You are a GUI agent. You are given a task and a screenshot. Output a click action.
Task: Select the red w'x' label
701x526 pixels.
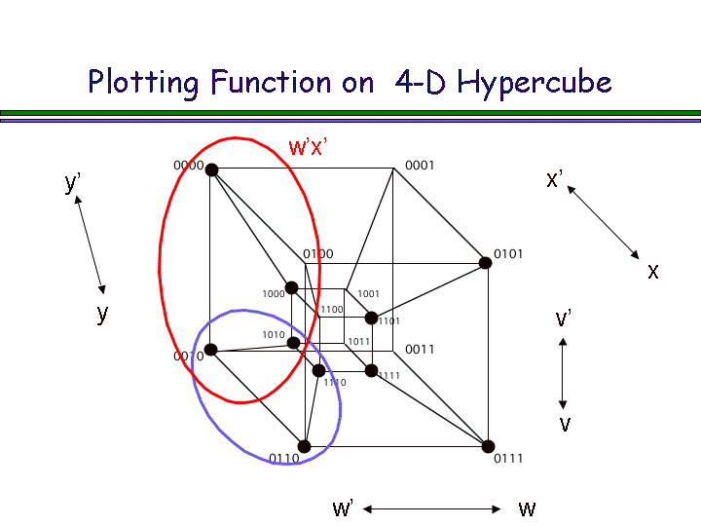pos(308,147)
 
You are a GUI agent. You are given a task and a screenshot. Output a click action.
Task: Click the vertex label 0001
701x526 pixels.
pos(420,166)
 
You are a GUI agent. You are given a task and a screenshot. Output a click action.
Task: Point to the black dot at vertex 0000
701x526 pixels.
pos(211,169)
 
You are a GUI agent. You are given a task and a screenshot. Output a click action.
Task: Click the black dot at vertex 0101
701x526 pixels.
pos(485,262)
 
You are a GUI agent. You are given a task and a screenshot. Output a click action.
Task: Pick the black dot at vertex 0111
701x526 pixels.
pos(488,446)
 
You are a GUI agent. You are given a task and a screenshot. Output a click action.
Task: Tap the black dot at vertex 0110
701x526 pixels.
pos(304,446)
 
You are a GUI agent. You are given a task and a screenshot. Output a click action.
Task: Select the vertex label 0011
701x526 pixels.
pos(420,349)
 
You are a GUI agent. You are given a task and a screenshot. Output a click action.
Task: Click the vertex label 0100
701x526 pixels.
pos(317,254)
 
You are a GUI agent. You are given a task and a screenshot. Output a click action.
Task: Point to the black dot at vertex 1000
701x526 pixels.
pos(291,287)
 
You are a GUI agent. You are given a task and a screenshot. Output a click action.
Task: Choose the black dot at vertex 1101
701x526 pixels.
pos(371,318)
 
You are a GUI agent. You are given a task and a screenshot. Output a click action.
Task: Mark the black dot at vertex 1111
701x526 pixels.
pos(371,370)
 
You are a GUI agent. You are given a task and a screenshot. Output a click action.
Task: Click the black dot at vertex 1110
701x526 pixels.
pos(318,370)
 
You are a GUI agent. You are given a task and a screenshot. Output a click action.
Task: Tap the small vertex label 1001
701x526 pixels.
pos(368,293)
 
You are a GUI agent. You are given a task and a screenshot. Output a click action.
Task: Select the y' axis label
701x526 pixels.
pos(72,183)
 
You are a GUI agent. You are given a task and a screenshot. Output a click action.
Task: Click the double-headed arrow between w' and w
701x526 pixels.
pos(431,508)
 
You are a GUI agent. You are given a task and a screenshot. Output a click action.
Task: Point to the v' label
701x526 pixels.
pos(563,319)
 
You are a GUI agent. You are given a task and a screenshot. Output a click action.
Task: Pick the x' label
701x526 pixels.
pos(554,179)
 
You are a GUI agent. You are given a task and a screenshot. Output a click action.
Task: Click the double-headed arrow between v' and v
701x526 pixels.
pos(563,373)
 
